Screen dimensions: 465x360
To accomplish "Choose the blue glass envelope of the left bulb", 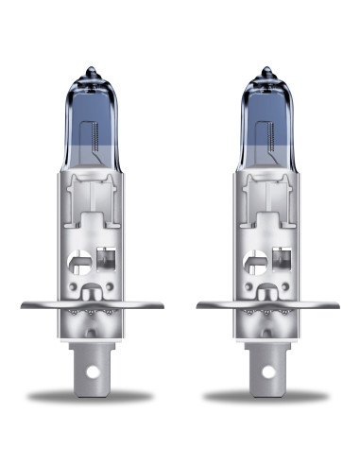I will (x=91, y=123).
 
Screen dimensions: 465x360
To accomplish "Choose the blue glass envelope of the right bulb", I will (x=267, y=123).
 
